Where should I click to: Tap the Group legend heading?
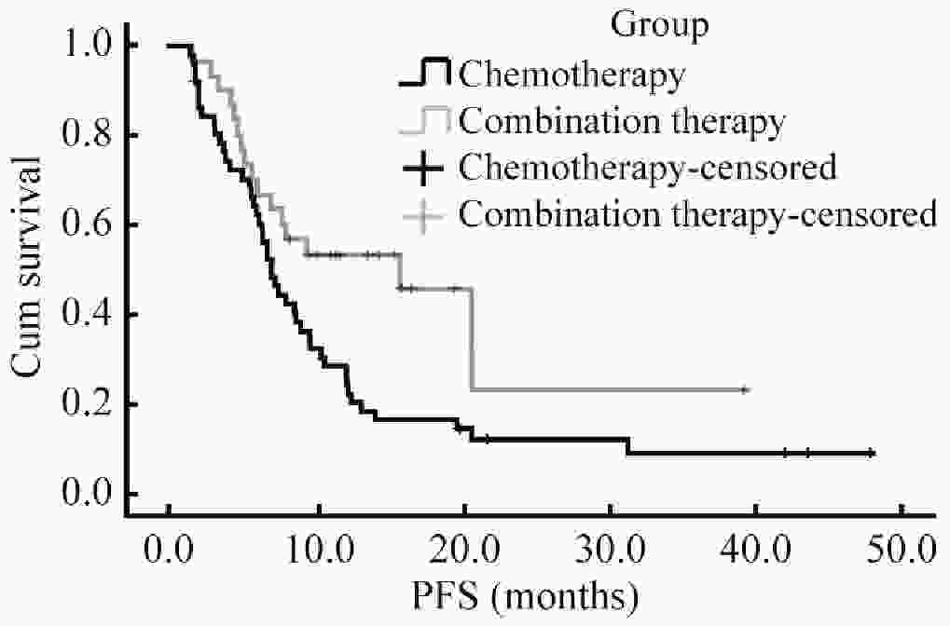tap(660, 25)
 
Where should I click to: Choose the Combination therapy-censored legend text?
tap(697, 215)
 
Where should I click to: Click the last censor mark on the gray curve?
tap(744, 389)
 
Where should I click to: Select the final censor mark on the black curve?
tap(871, 453)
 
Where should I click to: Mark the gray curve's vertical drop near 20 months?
tap(472, 339)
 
